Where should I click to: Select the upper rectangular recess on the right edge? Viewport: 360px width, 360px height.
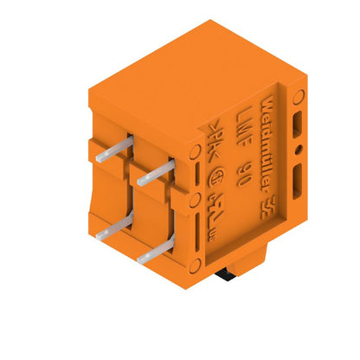(296, 124)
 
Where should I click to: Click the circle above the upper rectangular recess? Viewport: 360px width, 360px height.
(297, 96)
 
